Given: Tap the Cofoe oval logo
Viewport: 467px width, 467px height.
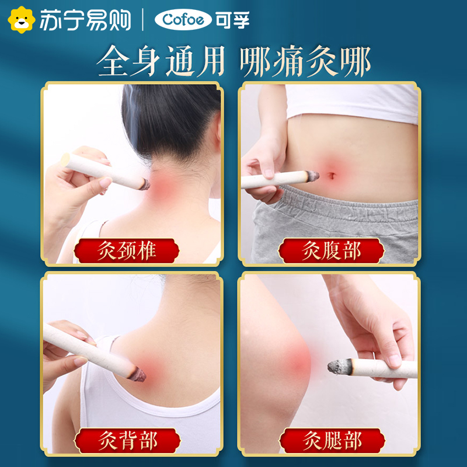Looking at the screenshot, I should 183,20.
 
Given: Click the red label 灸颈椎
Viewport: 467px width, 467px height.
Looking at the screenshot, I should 127,251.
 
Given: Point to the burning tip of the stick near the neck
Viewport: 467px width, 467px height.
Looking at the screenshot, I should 142,184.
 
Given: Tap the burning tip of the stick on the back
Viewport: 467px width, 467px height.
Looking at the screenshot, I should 139,372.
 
